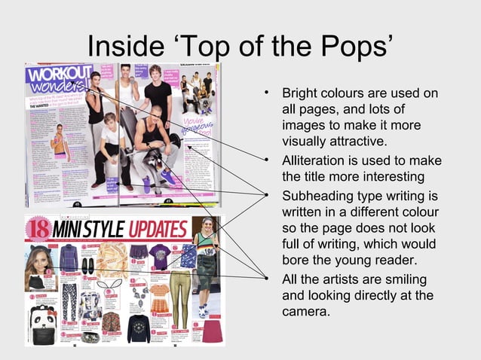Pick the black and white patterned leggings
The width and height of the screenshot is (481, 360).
click(x=69, y=296)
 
